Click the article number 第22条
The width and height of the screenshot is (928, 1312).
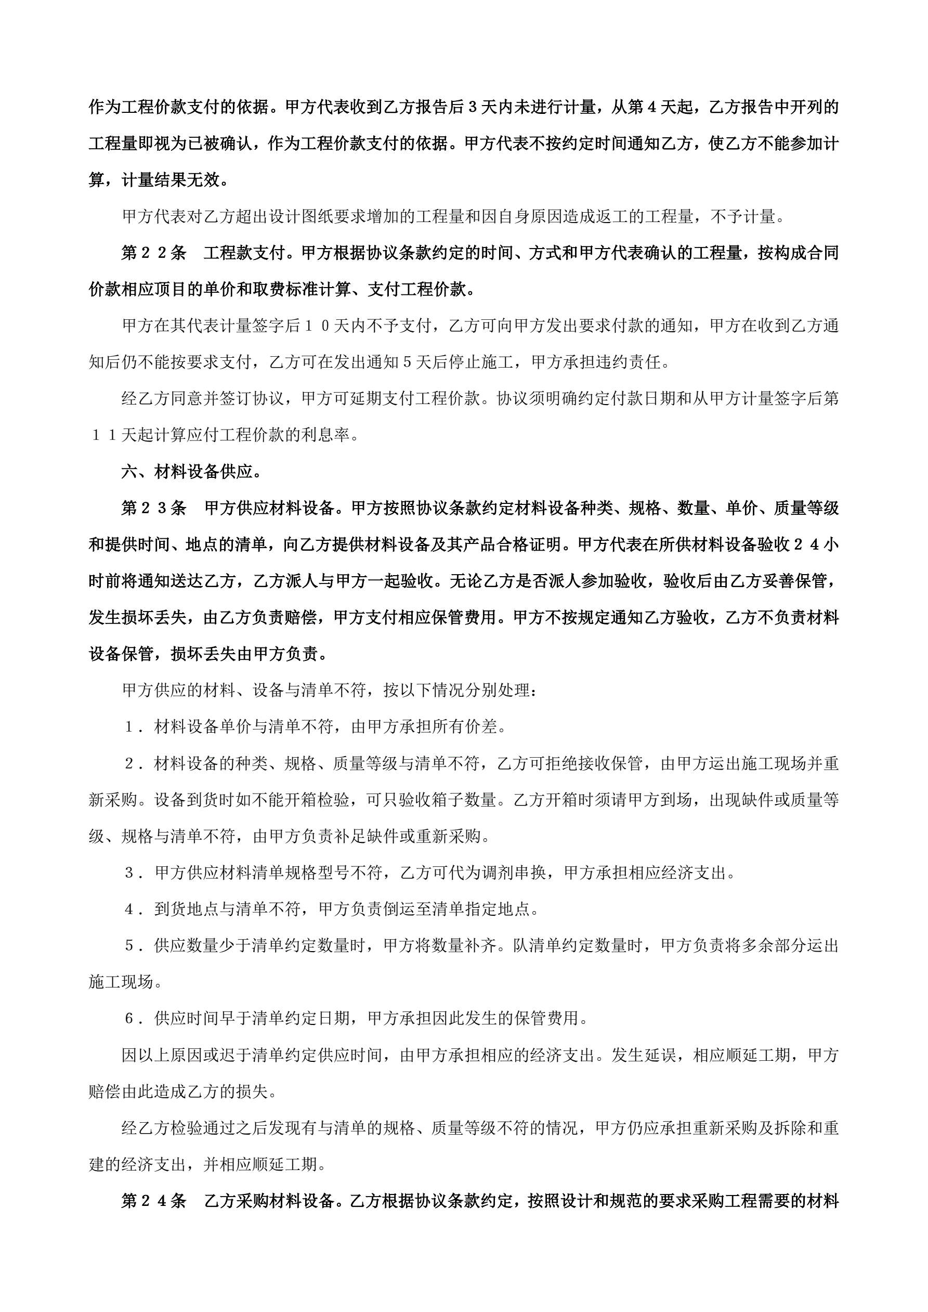point(154,253)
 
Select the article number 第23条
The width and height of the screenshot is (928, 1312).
point(154,509)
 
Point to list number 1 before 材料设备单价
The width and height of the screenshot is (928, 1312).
point(130,728)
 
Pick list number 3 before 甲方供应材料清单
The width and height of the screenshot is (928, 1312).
point(130,873)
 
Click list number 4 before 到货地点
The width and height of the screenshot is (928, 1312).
point(130,910)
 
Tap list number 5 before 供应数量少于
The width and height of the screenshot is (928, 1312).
point(130,946)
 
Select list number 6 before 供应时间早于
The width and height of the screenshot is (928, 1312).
point(130,1019)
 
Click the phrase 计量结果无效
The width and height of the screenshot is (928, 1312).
point(171,180)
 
